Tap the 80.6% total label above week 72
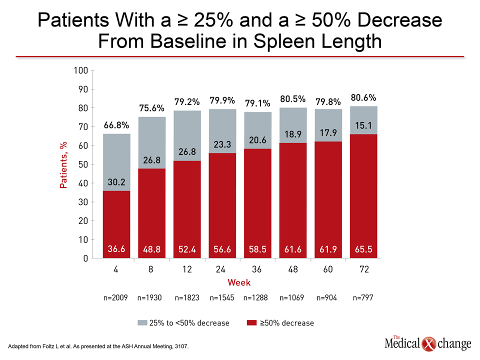point(363,98)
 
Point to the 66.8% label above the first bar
point(116,125)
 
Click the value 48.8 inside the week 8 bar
point(151,248)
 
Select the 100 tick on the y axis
point(81,70)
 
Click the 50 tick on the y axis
point(83,164)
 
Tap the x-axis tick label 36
point(257,269)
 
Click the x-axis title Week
point(239,283)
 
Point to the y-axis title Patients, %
point(63,164)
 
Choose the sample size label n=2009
point(116,298)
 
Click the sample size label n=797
point(363,298)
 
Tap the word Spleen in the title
point(281,40)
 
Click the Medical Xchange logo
point(428,343)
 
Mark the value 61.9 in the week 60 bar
point(328,248)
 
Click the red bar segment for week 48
point(293,200)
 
